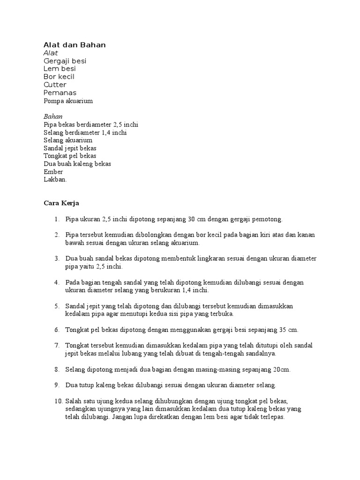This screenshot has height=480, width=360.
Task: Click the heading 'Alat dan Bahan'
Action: pyautogui.click(x=75, y=45)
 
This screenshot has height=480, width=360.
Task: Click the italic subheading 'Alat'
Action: pyautogui.click(x=51, y=53)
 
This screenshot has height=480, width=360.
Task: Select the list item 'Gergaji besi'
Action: pyautogui.click(x=65, y=61)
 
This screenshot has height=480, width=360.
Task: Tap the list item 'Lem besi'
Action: pyautogui.click(x=60, y=69)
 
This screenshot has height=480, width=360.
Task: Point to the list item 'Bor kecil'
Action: pyautogui.click(x=59, y=77)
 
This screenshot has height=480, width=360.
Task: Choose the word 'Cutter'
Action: pyautogui.click(x=55, y=85)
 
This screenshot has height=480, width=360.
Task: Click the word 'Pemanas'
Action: pyautogui.click(x=60, y=93)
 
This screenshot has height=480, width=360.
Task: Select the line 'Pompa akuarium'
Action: pyautogui.click(x=68, y=101)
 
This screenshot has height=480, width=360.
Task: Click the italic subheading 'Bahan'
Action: pyautogui.click(x=53, y=116)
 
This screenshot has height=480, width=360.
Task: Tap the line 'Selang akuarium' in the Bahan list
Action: pyautogui.click(x=67, y=140)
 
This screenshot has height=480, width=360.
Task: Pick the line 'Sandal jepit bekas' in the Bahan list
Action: pyautogui.click(x=70, y=148)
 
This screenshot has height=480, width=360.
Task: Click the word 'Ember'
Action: pyautogui.click(x=53, y=172)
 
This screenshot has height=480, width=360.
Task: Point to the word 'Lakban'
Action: pyautogui.click(x=55, y=180)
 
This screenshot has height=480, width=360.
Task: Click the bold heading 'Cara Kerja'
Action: pyautogui.click(x=61, y=203)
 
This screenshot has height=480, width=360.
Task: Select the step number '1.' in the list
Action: pyautogui.click(x=57, y=219)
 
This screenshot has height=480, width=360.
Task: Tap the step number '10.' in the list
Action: pyautogui.click(x=58, y=401)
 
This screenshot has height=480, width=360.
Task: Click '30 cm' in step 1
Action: pyautogui.click(x=196, y=219)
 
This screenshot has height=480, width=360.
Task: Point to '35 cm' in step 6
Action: pyautogui.click(x=288, y=330)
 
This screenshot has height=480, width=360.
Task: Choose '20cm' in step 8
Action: pyautogui.click(x=283, y=369)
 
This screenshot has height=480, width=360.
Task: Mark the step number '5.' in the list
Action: pyautogui.click(x=57, y=306)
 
